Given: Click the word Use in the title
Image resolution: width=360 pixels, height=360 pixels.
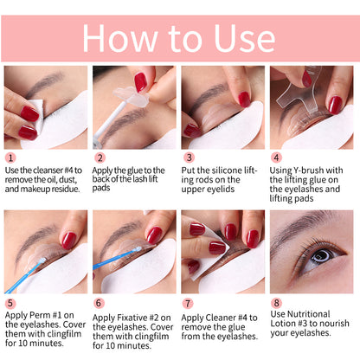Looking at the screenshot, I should coord(241,39).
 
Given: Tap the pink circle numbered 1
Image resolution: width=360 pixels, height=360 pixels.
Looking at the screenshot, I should coord(10,158).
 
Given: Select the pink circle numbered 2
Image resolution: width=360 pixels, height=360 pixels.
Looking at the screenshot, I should coord(100,158).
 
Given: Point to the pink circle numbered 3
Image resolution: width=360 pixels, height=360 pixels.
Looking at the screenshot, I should coord(189,158).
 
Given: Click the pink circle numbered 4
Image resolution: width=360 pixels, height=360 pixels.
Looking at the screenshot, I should coord(278,158).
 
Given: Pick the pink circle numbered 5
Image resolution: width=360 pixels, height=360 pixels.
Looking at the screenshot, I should coord(10,303).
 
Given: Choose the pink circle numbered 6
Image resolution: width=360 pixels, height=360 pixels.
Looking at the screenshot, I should coord(100,303).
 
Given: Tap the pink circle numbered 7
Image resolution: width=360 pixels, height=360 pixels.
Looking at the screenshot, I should coord(189,303).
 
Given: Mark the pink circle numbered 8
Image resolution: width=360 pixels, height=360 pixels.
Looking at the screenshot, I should coord(278,303).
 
